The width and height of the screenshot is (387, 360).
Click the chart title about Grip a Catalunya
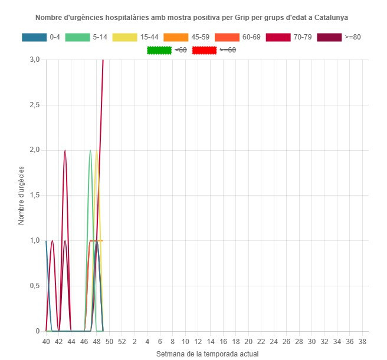(192, 18)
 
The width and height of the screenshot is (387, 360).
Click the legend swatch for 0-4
(34, 37)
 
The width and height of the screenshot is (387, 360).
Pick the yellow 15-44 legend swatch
(124, 37)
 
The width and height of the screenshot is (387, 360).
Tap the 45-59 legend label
(201, 37)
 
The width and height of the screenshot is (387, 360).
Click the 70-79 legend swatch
(278, 37)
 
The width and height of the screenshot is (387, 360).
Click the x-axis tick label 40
(46, 342)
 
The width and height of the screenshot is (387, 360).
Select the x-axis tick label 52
(122, 342)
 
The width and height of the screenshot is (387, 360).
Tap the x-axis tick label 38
(362, 342)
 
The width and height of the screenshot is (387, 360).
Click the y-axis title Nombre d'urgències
(21, 195)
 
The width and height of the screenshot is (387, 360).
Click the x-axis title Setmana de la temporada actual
(207, 354)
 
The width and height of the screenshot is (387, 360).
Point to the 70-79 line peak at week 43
(65, 150)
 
